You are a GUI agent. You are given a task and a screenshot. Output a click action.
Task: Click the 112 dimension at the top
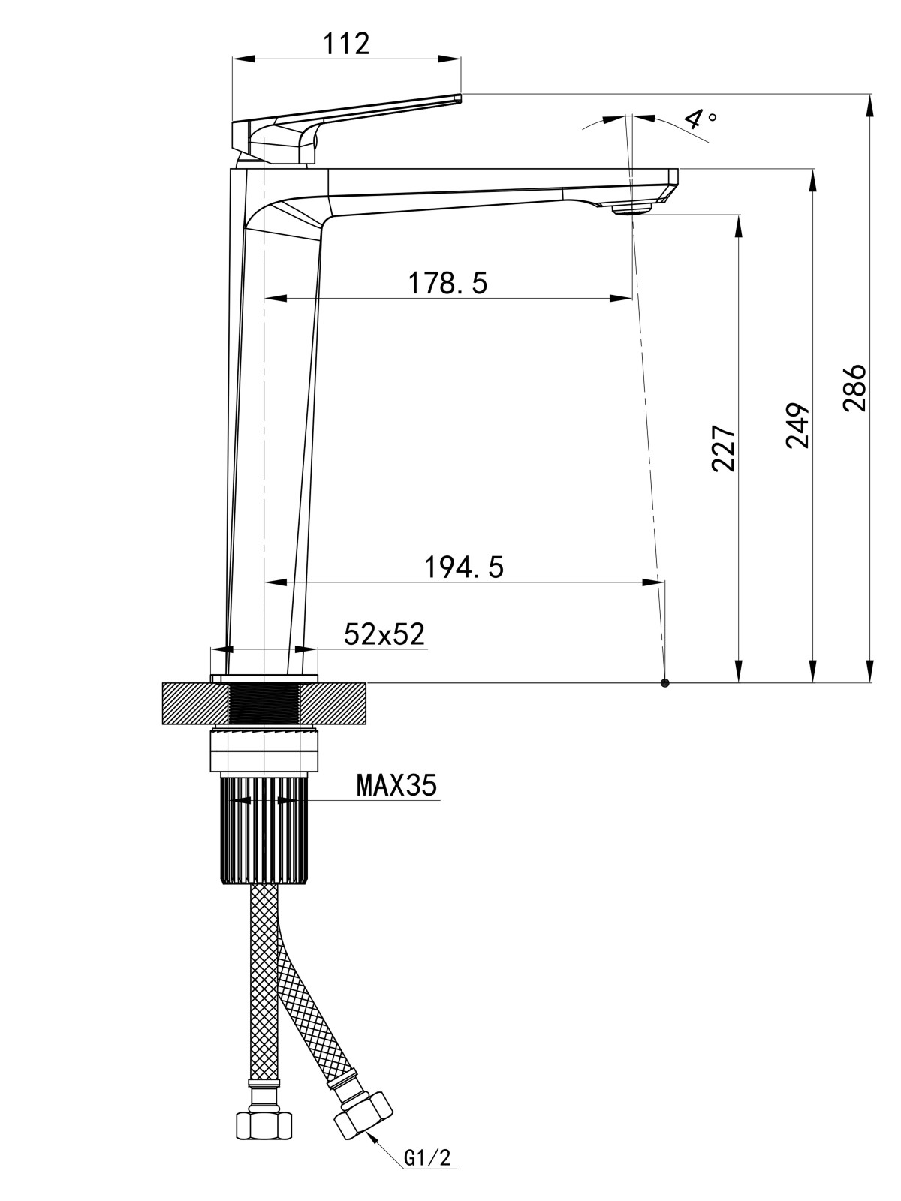pos(347,44)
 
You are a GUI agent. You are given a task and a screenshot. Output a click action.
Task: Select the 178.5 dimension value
pos(447,284)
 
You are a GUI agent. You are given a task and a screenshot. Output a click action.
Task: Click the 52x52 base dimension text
pos(384,634)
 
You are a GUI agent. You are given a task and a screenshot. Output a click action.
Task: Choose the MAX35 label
pos(396,784)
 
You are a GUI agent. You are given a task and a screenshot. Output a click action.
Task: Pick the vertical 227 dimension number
pos(722,447)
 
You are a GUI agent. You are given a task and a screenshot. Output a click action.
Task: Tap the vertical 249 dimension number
pos(797,425)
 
